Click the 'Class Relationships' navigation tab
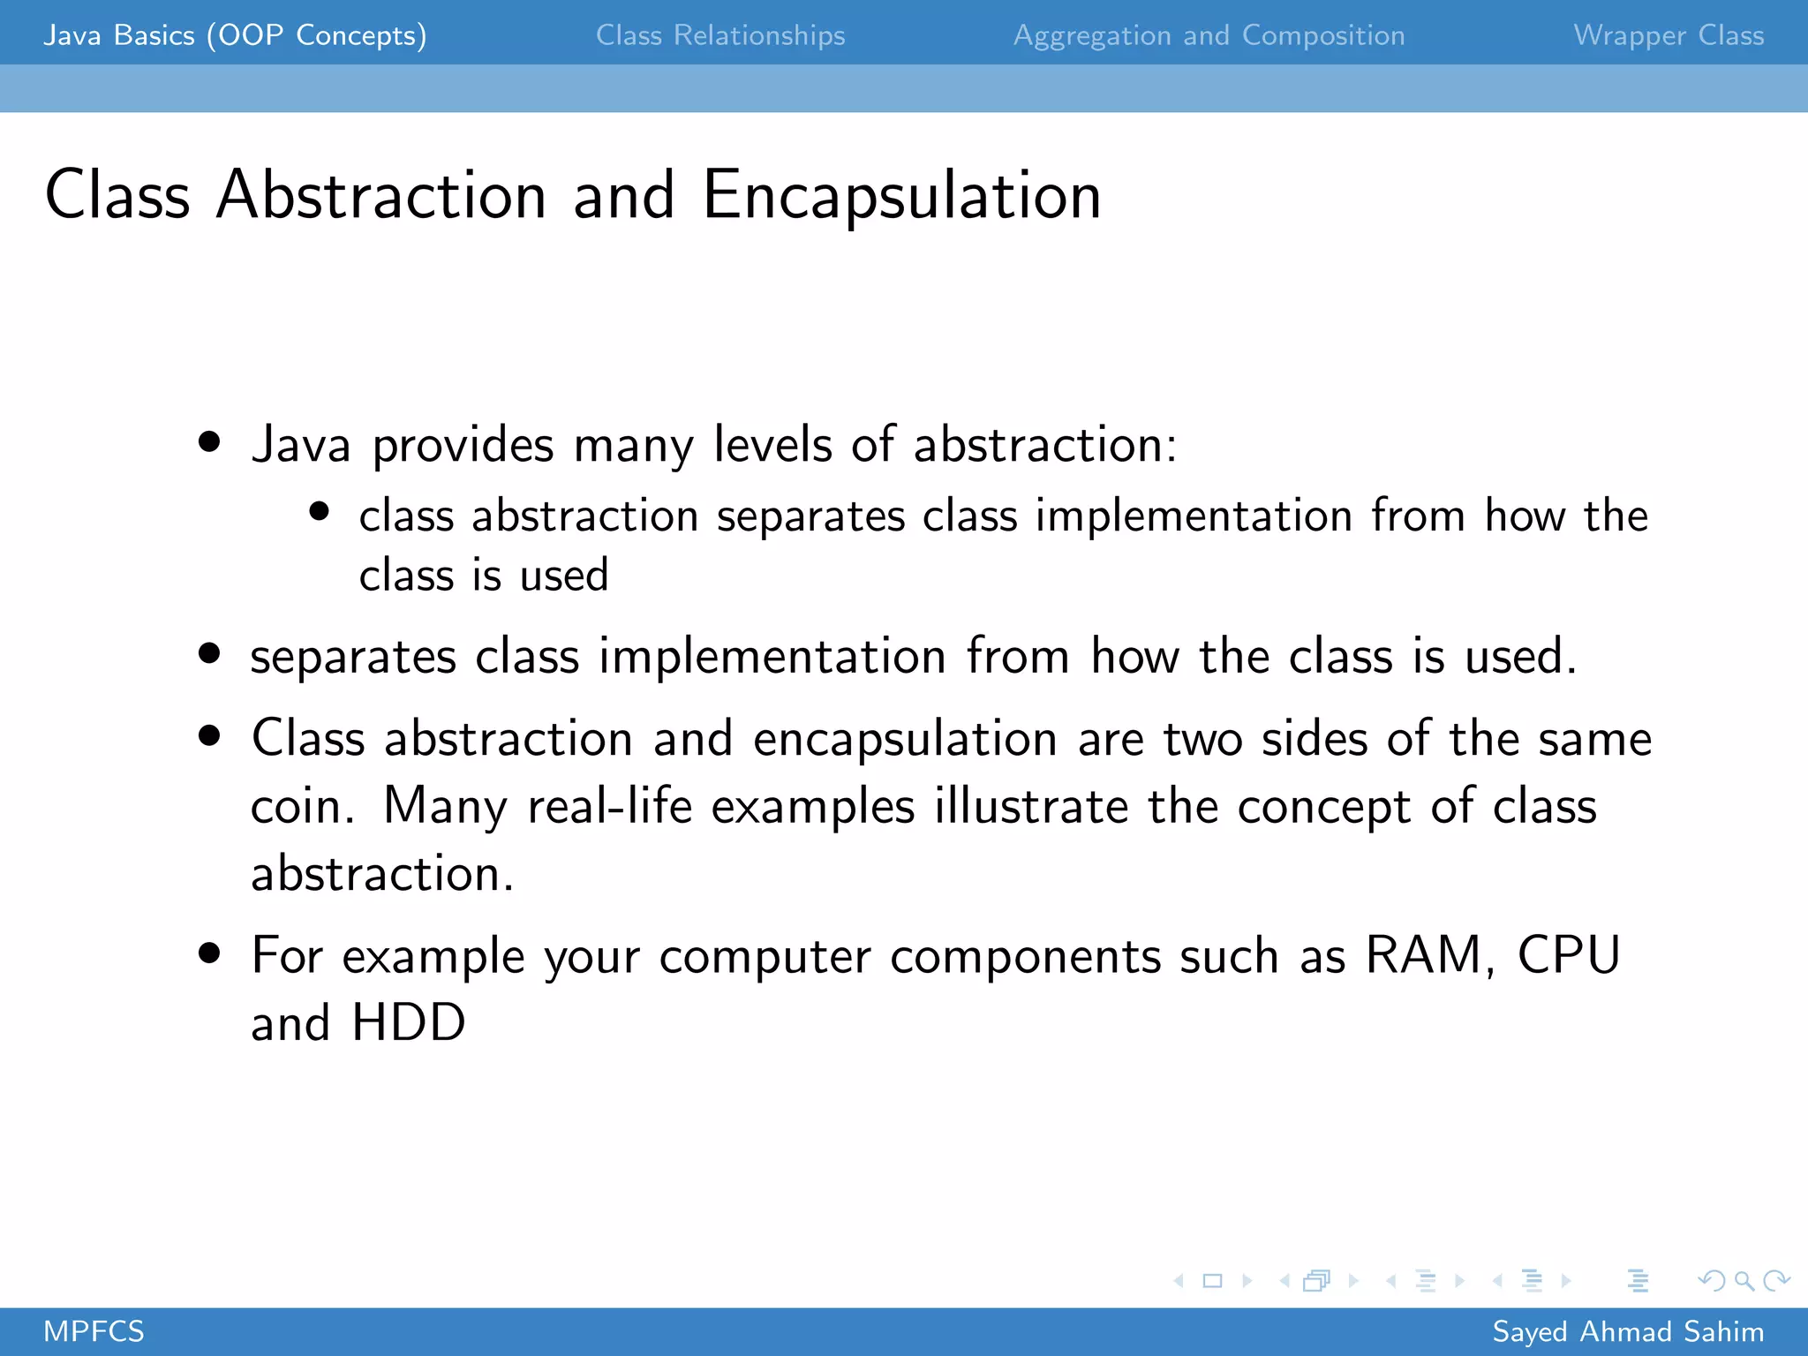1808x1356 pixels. point(719,35)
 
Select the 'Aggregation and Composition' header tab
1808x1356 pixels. point(1209,35)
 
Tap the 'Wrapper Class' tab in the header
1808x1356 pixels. point(1669,35)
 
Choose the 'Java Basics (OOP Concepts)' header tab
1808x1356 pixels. point(235,35)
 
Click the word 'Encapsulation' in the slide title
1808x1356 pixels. point(901,195)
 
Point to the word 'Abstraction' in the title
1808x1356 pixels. point(381,195)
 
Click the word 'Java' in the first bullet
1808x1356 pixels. point(301,444)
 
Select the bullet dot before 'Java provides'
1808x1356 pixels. point(209,441)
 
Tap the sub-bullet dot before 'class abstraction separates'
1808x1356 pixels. point(320,512)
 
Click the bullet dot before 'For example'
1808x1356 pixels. point(209,953)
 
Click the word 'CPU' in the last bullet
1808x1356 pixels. point(1569,955)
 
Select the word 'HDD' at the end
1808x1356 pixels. point(408,1023)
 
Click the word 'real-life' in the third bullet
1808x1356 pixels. point(609,807)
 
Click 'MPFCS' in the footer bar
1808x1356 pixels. point(94,1331)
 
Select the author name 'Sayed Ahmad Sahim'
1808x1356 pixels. point(1628,1331)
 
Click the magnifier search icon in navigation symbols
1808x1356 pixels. point(1744,1281)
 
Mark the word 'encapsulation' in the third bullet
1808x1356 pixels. point(905,739)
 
